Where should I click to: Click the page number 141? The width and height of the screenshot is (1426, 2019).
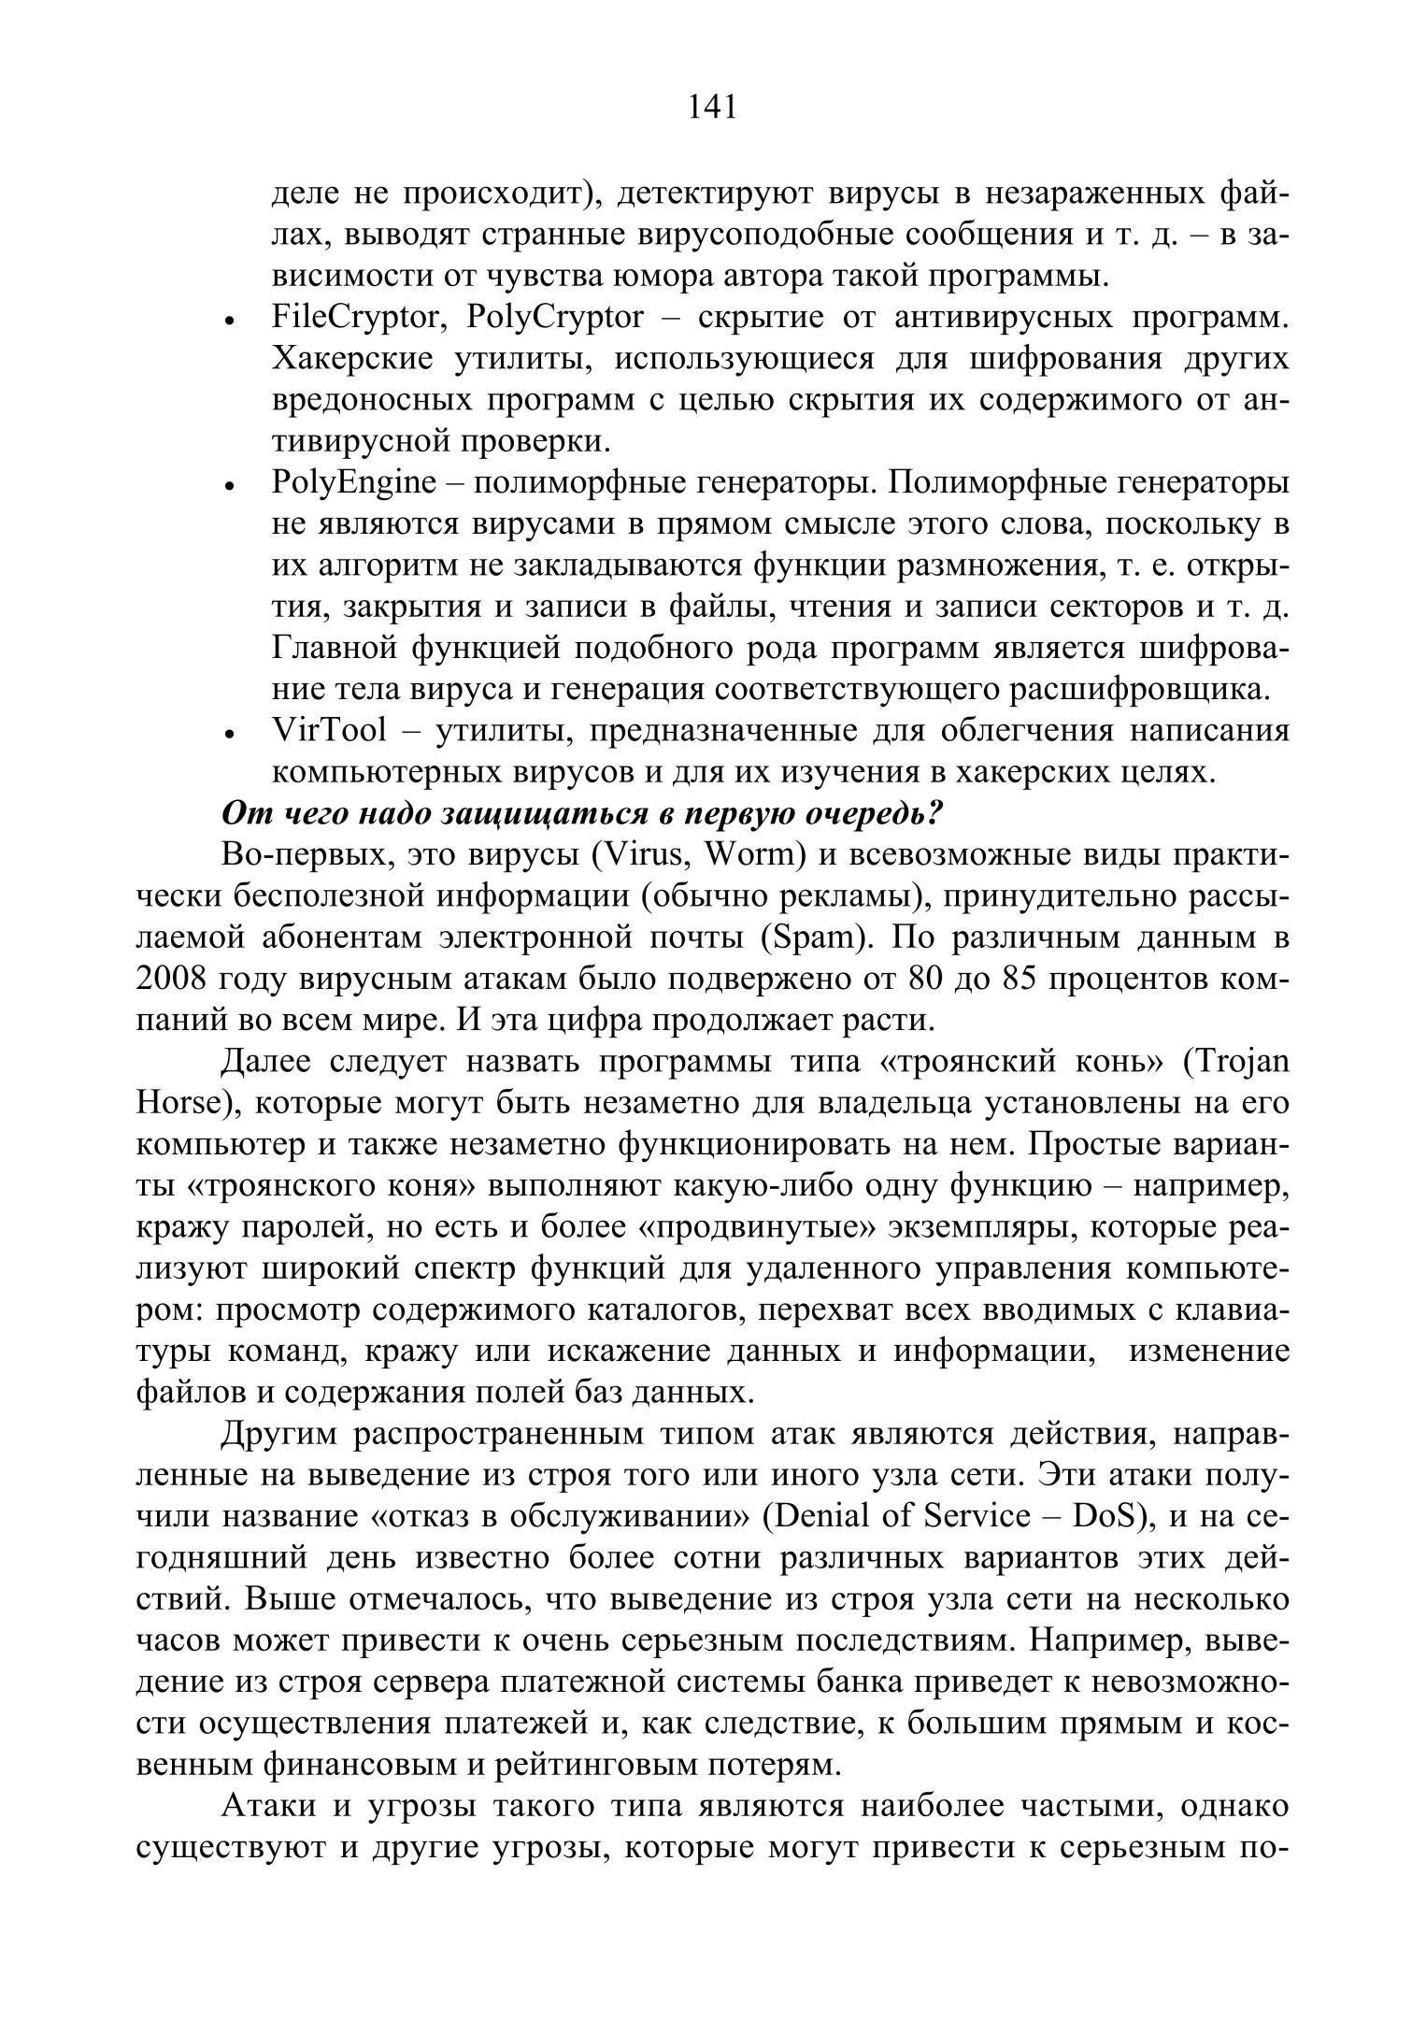[x=712, y=108]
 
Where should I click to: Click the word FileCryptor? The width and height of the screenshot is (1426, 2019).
[x=354, y=319]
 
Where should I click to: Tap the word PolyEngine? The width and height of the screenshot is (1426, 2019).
[x=354, y=483]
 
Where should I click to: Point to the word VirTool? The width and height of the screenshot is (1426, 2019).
[x=328, y=731]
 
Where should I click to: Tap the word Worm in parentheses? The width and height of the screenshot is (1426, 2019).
[x=756, y=855]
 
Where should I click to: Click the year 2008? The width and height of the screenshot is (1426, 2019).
[x=175, y=979]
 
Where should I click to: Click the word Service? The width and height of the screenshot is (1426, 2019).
[x=977, y=1516]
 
